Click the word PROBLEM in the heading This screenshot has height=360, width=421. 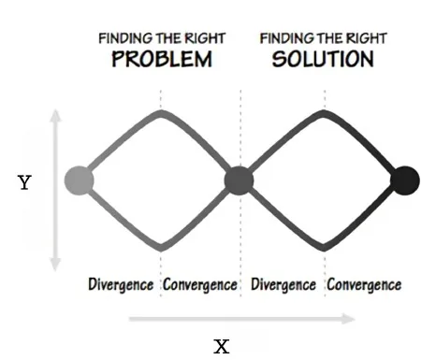[162, 59]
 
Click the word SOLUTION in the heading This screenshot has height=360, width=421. [323, 59]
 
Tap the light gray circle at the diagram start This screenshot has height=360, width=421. [79, 180]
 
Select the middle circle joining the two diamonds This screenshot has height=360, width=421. [240, 180]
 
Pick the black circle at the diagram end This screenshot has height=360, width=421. [405, 180]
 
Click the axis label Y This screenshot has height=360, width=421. [24, 182]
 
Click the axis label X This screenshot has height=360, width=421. [222, 346]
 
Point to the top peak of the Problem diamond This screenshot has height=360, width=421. [161, 113]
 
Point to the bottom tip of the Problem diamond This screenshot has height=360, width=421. [161, 248]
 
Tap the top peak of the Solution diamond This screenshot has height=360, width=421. [325, 113]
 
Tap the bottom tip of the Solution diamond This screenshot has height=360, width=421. [325, 248]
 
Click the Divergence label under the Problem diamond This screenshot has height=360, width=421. [121, 285]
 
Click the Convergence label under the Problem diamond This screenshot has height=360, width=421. [200, 285]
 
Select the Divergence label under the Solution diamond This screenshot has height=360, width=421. [283, 285]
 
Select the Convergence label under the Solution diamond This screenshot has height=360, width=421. [364, 285]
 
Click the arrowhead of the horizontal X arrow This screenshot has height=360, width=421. [349, 319]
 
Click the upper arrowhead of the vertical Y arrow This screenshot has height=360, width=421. [55, 116]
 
